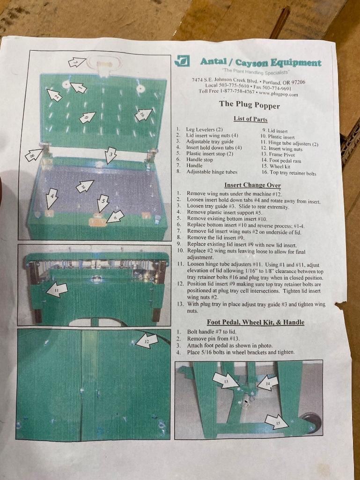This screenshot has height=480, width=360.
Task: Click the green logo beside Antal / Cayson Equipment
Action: coord(182,60)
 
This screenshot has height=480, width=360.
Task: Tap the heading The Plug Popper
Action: coord(249,105)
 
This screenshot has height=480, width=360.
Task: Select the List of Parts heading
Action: coord(250,119)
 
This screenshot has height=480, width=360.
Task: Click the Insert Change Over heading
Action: coord(252,185)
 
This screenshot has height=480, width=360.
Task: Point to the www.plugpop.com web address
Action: coord(278,94)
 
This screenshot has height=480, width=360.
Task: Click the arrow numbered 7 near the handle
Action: coord(77,62)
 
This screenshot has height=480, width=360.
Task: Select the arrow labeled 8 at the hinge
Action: coord(33,154)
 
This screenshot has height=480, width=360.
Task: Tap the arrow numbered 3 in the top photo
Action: coord(110,155)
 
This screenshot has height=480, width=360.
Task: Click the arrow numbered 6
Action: coord(115,216)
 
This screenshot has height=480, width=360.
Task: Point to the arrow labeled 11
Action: coord(57,290)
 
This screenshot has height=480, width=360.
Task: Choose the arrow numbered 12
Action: coord(147,341)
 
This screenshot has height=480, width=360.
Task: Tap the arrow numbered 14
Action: coord(268,383)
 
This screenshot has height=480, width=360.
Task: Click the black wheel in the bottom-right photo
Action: coord(312,422)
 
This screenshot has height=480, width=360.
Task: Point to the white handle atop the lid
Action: coord(103,64)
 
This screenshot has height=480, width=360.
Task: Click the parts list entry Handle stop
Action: coord(199,160)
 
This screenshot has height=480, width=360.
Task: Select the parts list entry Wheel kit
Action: coord(280,167)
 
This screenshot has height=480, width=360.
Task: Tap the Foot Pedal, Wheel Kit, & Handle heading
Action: coord(255,322)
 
